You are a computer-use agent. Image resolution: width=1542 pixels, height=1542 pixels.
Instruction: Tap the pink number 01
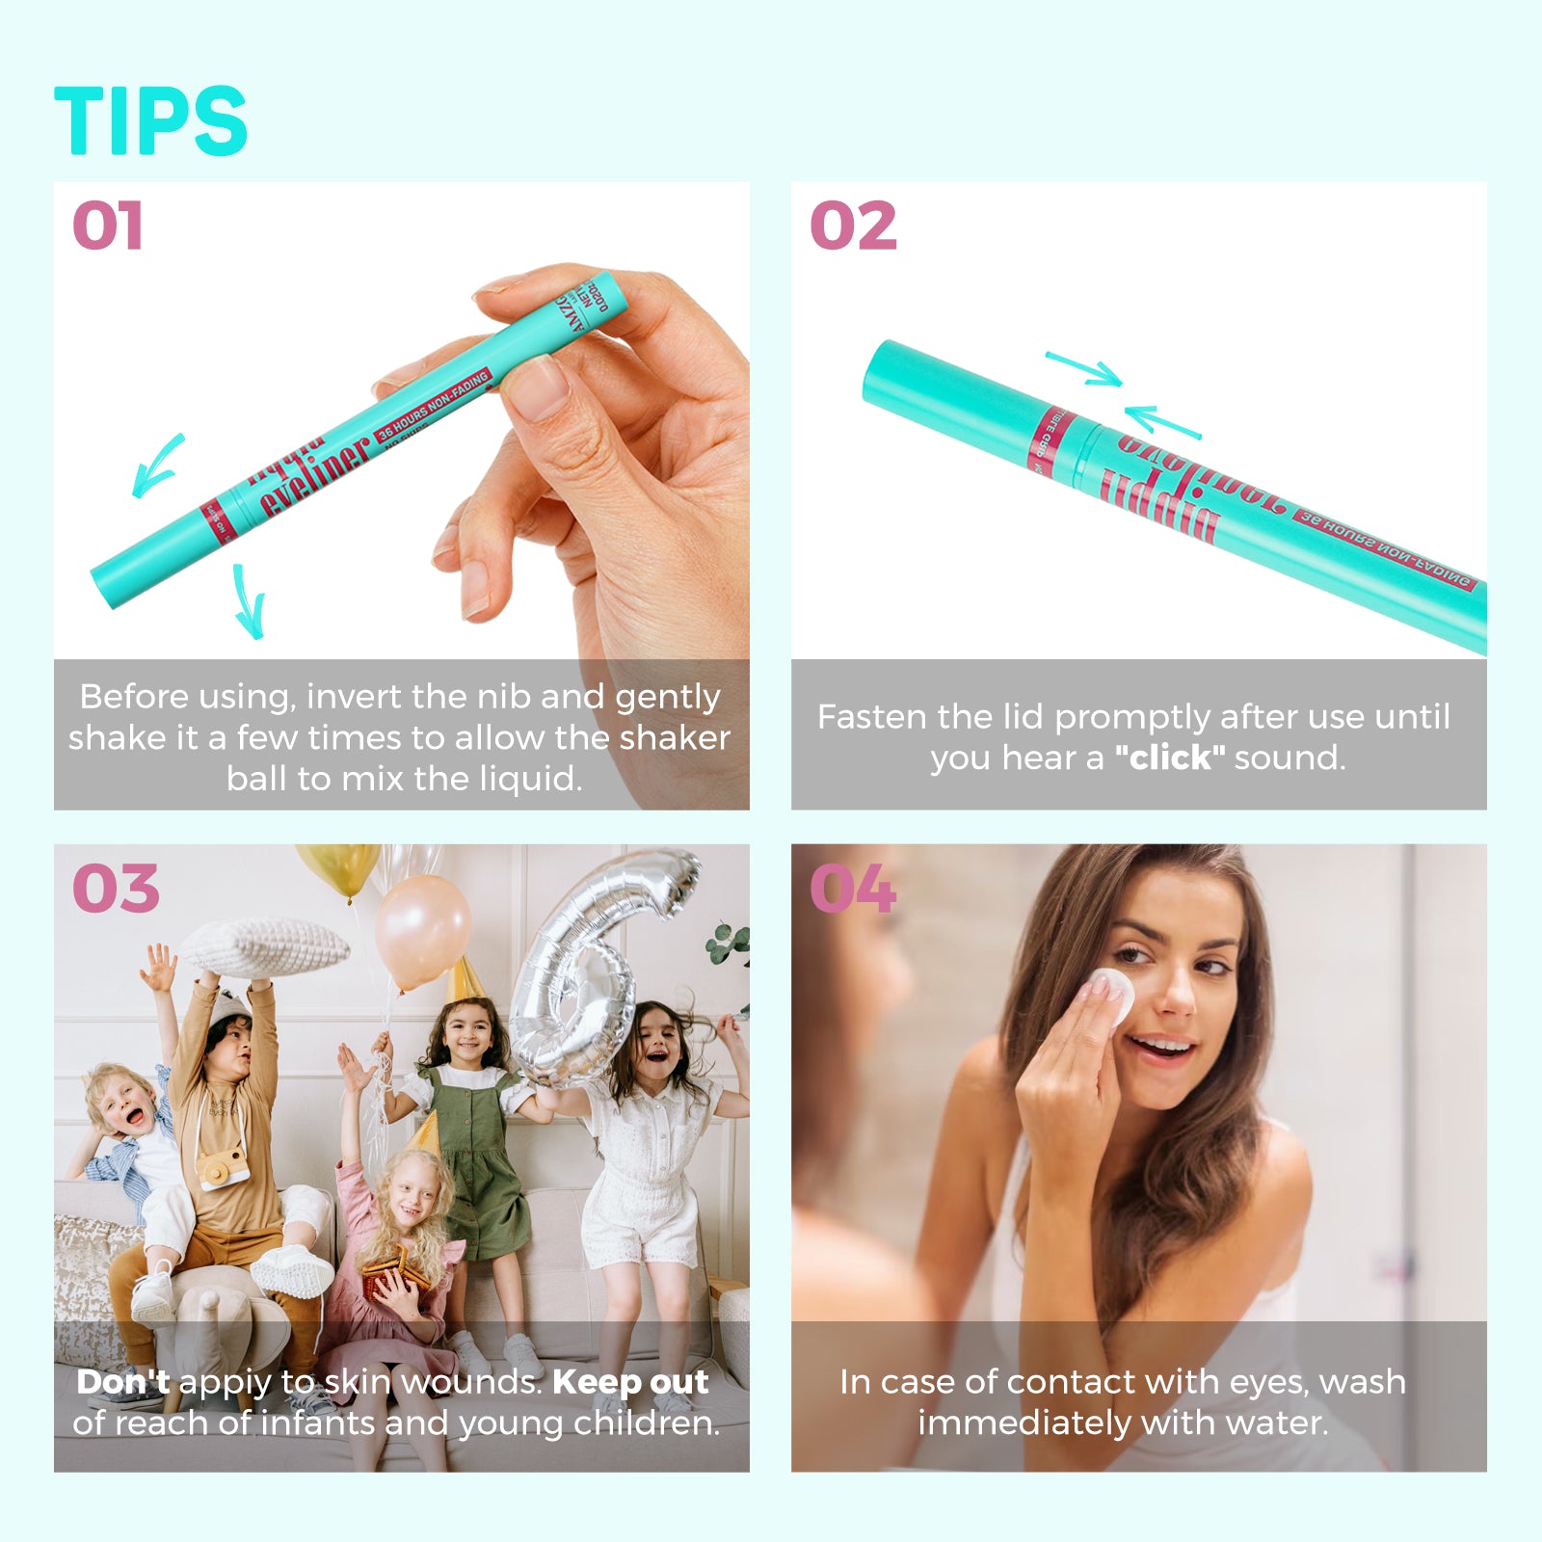coord(108,226)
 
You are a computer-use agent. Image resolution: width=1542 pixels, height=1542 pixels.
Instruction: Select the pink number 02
coord(853,226)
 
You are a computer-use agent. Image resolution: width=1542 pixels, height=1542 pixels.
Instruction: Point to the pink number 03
coord(116,889)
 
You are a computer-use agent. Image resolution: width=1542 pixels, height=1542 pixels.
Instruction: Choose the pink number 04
coord(853,889)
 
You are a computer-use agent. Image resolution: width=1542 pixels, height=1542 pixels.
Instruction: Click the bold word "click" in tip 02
coord(1170,758)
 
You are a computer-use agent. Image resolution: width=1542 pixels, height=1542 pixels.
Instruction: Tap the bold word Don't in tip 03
coord(123,1382)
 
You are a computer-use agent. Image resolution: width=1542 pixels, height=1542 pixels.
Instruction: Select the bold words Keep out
coord(631,1382)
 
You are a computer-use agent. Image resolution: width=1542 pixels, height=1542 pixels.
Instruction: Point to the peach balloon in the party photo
coord(422,930)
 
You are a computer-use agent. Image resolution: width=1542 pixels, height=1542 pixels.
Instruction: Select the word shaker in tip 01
coord(675,738)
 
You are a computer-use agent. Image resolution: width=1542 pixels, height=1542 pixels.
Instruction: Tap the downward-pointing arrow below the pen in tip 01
coord(249,602)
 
